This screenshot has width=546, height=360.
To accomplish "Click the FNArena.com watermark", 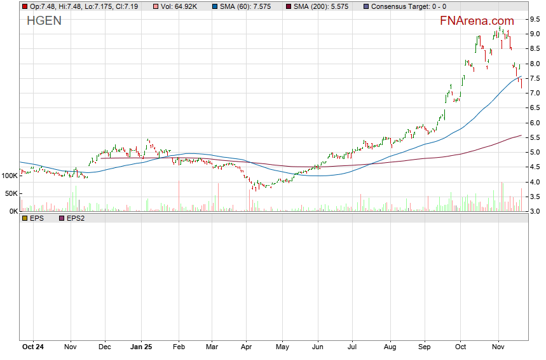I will (x=477, y=21).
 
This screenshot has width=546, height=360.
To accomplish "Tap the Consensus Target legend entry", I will (x=408, y=6).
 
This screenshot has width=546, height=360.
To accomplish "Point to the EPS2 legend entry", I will (x=75, y=218).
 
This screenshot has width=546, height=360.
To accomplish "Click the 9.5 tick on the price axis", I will (x=535, y=19).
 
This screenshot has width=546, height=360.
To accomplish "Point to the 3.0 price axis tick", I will (x=535, y=211).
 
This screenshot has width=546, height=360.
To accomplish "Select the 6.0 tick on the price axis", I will (x=535, y=123).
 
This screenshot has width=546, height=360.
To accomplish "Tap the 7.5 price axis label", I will (x=535, y=78).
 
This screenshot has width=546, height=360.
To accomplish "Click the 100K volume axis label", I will (x=10, y=175).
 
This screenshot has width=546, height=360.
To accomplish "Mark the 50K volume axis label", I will (x=12, y=193).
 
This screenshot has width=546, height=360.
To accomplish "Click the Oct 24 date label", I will (x=32, y=347).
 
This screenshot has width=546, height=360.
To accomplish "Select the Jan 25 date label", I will (x=141, y=347).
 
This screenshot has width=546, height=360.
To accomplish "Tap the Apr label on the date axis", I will (x=246, y=347).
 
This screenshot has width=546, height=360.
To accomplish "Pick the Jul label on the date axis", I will (x=352, y=347).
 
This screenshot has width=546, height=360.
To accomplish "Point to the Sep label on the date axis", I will (x=425, y=347).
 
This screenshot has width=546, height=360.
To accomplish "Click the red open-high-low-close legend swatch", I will (x=24, y=6).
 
